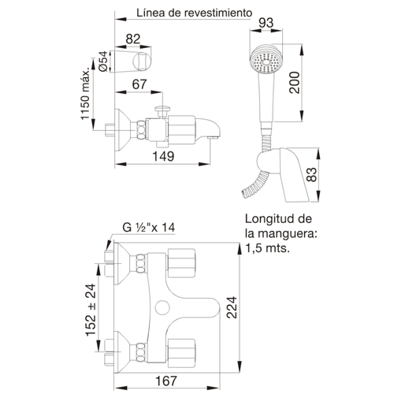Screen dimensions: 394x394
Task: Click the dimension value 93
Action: [266, 23]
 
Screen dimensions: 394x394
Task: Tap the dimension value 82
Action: [133, 39]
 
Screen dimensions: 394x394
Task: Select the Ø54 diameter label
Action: [103, 61]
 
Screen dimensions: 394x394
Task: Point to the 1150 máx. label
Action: [85, 95]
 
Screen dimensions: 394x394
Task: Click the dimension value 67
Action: [139, 84]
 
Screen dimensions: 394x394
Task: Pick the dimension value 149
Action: [163, 157]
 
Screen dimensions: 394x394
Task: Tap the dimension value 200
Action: [295, 83]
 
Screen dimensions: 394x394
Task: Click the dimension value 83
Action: [312, 175]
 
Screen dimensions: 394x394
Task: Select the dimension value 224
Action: [232, 307]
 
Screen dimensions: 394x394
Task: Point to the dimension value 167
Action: [166, 381]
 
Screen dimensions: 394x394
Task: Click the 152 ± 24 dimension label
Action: [91, 310]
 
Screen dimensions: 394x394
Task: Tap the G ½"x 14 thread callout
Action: [149, 228]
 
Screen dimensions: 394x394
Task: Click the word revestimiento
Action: [217, 13]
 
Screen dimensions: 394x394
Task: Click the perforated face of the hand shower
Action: [266, 61]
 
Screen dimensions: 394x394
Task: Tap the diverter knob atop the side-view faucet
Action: [162, 111]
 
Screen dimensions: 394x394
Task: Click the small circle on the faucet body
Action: [163, 307]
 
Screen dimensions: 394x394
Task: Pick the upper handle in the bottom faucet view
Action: [181, 263]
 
